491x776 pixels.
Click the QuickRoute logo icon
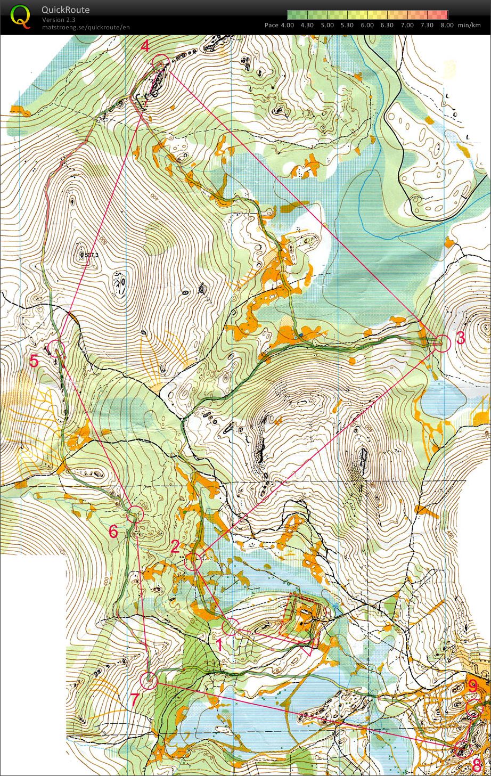pyautogui.click(x=20, y=16)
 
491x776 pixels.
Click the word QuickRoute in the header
pyautogui.click(x=66, y=10)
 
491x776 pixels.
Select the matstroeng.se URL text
pyautogui.click(x=85, y=27)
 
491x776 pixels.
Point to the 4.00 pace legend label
pyautogui.click(x=287, y=25)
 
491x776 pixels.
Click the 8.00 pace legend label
pyautogui.click(x=447, y=25)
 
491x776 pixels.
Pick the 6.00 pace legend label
pyautogui.click(x=367, y=25)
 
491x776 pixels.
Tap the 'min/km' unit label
pyautogui.click(x=470, y=25)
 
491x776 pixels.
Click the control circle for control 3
pyautogui.click(x=441, y=344)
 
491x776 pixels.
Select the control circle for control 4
pyautogui.click(x=160, y=63)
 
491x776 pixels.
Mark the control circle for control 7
pyautogui.click(x=149, y=680)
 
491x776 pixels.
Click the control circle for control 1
pyautogui.click(x=231, y=627)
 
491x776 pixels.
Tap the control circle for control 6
pyautogui.click(x=135, y=514)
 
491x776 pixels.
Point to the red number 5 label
pyautogui.click(x=34, y=362)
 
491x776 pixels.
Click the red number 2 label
pyautogui.click(x=175, y=546)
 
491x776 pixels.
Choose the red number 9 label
pyautogui.click(x=472, y=685)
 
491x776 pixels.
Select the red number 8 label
pyautogui.click(x=477, y=766)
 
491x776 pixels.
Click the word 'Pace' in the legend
pyautogui.click(x=272, y=25)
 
